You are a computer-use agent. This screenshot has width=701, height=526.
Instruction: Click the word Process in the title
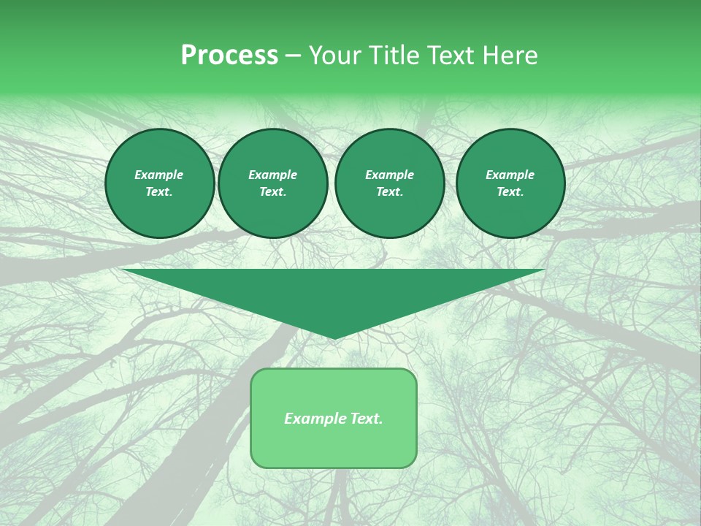(229, 56)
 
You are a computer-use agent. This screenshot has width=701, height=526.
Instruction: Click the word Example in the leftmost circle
(159, 175)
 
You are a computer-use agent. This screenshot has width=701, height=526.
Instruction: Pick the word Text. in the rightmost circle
(510, 191)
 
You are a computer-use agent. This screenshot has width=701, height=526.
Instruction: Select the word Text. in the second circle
(273, 191)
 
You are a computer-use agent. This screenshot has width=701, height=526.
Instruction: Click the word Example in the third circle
(389, 175)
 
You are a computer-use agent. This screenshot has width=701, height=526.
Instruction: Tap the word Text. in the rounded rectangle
(364, 419)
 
